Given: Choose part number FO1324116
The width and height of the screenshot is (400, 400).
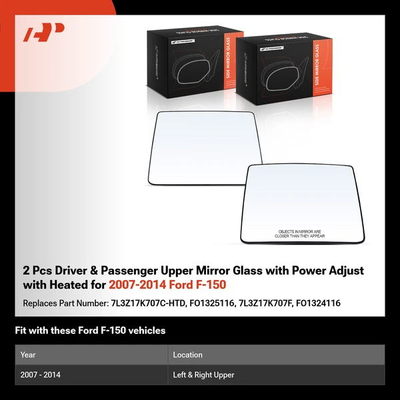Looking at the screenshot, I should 320,303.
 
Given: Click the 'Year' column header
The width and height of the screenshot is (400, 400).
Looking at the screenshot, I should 28,355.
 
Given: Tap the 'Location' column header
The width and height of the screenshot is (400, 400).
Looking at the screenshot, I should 187,355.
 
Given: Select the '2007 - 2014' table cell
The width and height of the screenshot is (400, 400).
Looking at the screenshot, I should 41,375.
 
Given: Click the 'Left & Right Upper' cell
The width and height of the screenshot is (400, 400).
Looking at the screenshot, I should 203,375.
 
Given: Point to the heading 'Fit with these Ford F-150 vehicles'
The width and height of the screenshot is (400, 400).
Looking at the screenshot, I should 90,331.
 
